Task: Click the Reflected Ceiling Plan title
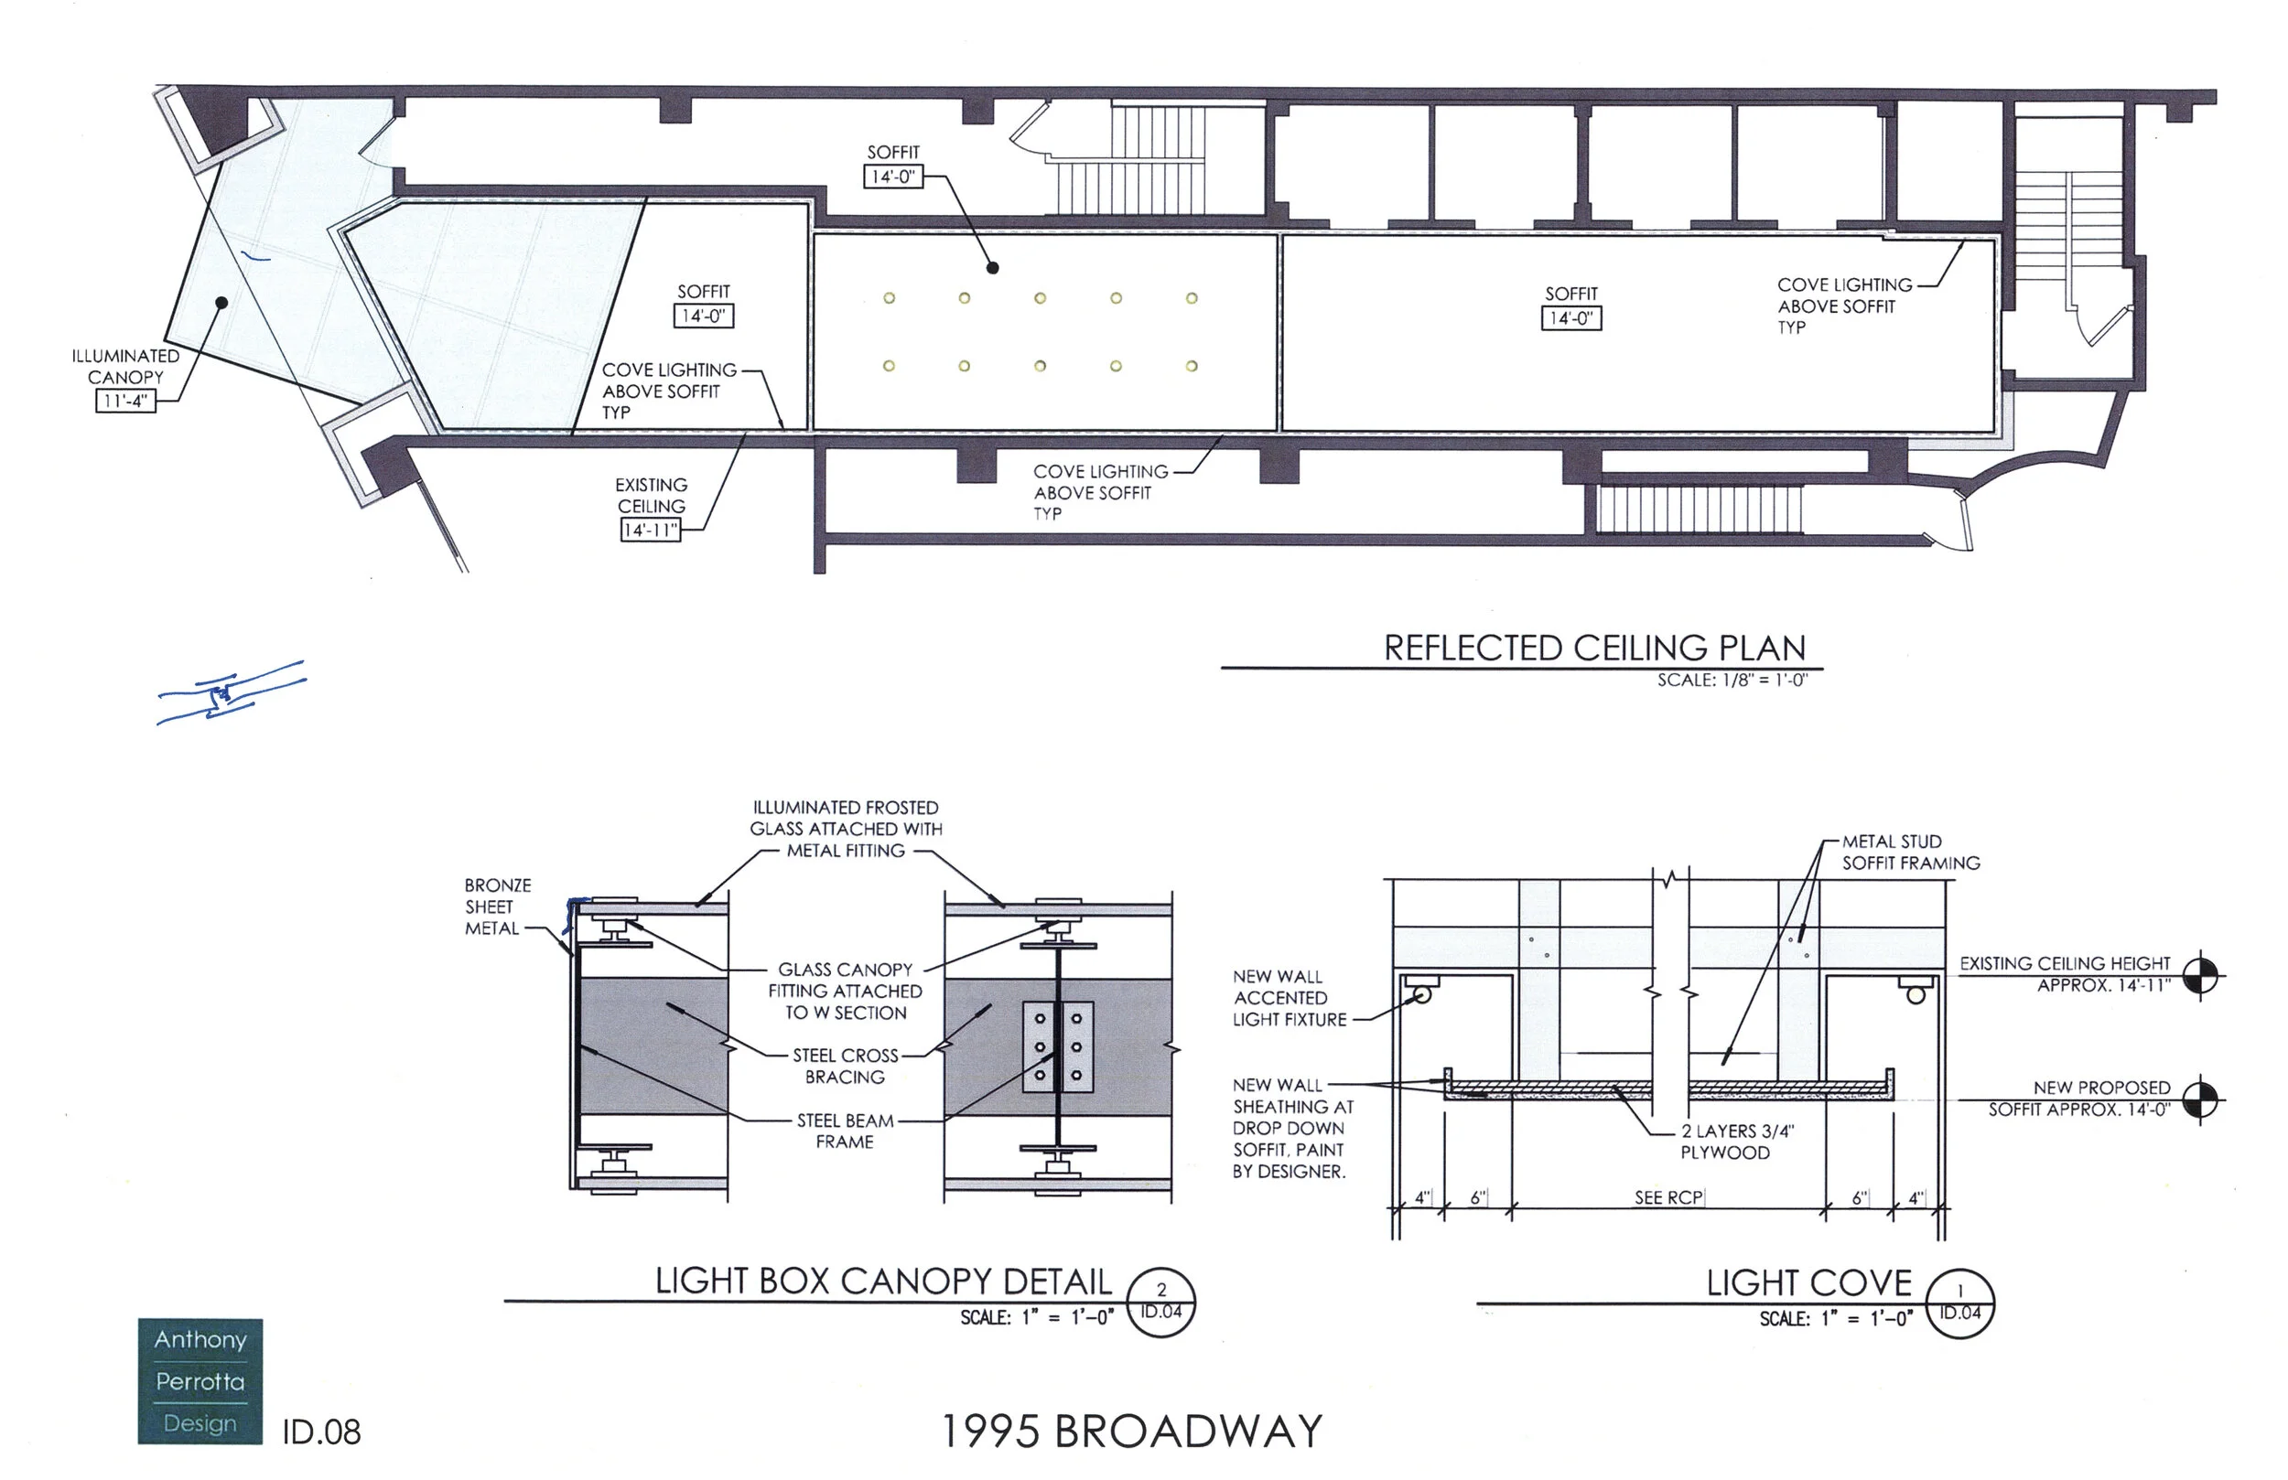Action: [1594, 648]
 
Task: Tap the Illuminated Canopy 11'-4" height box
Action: [125, 401]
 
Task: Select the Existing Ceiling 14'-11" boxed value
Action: [650, 530]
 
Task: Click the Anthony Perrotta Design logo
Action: [200, 1380]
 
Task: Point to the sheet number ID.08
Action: [321, 1432]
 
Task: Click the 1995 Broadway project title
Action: [1131, 1431]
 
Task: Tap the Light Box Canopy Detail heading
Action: [883, 1282]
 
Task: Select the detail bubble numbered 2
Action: [1160, 1303]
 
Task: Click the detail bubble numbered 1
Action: [1960, 1303]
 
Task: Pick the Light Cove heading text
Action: [1809, 1283]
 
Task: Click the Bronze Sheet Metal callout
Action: [497, 906]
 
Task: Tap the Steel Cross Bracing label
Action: [845, 1066]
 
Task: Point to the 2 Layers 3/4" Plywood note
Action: [1737, 1142]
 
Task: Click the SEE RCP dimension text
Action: [1667, 1197]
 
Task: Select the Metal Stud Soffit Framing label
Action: [1910, 853]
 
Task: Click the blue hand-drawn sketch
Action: [231, 692]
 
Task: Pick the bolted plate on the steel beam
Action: [1057, 1047]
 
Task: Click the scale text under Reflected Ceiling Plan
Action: [1732, 681]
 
